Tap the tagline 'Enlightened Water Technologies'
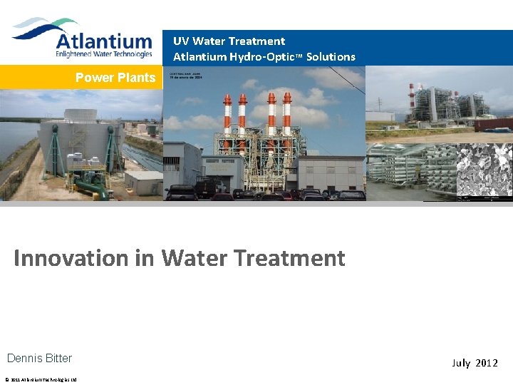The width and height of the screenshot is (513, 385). [103, 53]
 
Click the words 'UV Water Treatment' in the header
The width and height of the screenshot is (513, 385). [229, 41]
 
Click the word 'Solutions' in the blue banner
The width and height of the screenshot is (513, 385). [331, 56]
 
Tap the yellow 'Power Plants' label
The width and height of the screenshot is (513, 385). [115, 77]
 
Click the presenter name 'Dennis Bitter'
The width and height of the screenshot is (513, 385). [39, 358]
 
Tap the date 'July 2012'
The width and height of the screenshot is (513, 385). [475, 363]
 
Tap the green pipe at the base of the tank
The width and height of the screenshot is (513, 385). [91, 188]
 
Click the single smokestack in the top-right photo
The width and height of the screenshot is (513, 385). [412, 100]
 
